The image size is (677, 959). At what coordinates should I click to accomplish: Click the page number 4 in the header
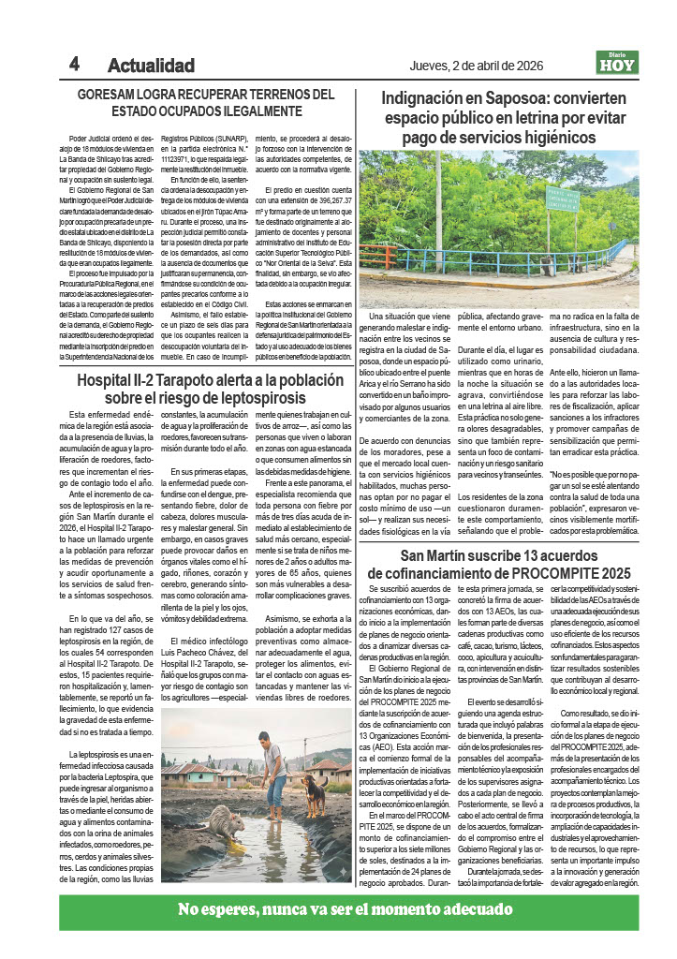pos(74,64)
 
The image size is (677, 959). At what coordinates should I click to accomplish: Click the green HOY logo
pos(617,64)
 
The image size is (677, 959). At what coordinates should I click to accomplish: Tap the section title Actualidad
pos(151,66)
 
